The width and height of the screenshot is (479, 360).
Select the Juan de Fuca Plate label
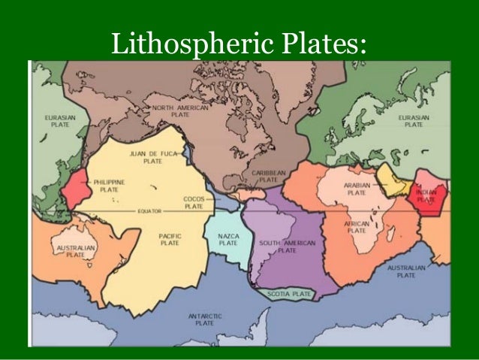pos(152,157)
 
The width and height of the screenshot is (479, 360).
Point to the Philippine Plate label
pos(110,186)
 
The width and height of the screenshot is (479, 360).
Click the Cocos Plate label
pos(194,202)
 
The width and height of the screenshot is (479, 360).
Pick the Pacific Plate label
pos(170,240)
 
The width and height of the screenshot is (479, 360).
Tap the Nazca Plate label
pos(228,240)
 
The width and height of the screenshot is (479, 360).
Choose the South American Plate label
pos(287,247)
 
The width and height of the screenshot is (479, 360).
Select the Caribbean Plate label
pos(265,176)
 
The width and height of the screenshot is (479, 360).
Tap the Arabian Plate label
pos(357,188)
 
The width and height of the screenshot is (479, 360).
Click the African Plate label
pos(356,227)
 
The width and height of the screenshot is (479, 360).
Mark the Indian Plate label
pos(426,196)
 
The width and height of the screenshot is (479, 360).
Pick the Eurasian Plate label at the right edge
pos(413,122)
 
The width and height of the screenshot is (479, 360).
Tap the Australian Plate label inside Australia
pos(75,250)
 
